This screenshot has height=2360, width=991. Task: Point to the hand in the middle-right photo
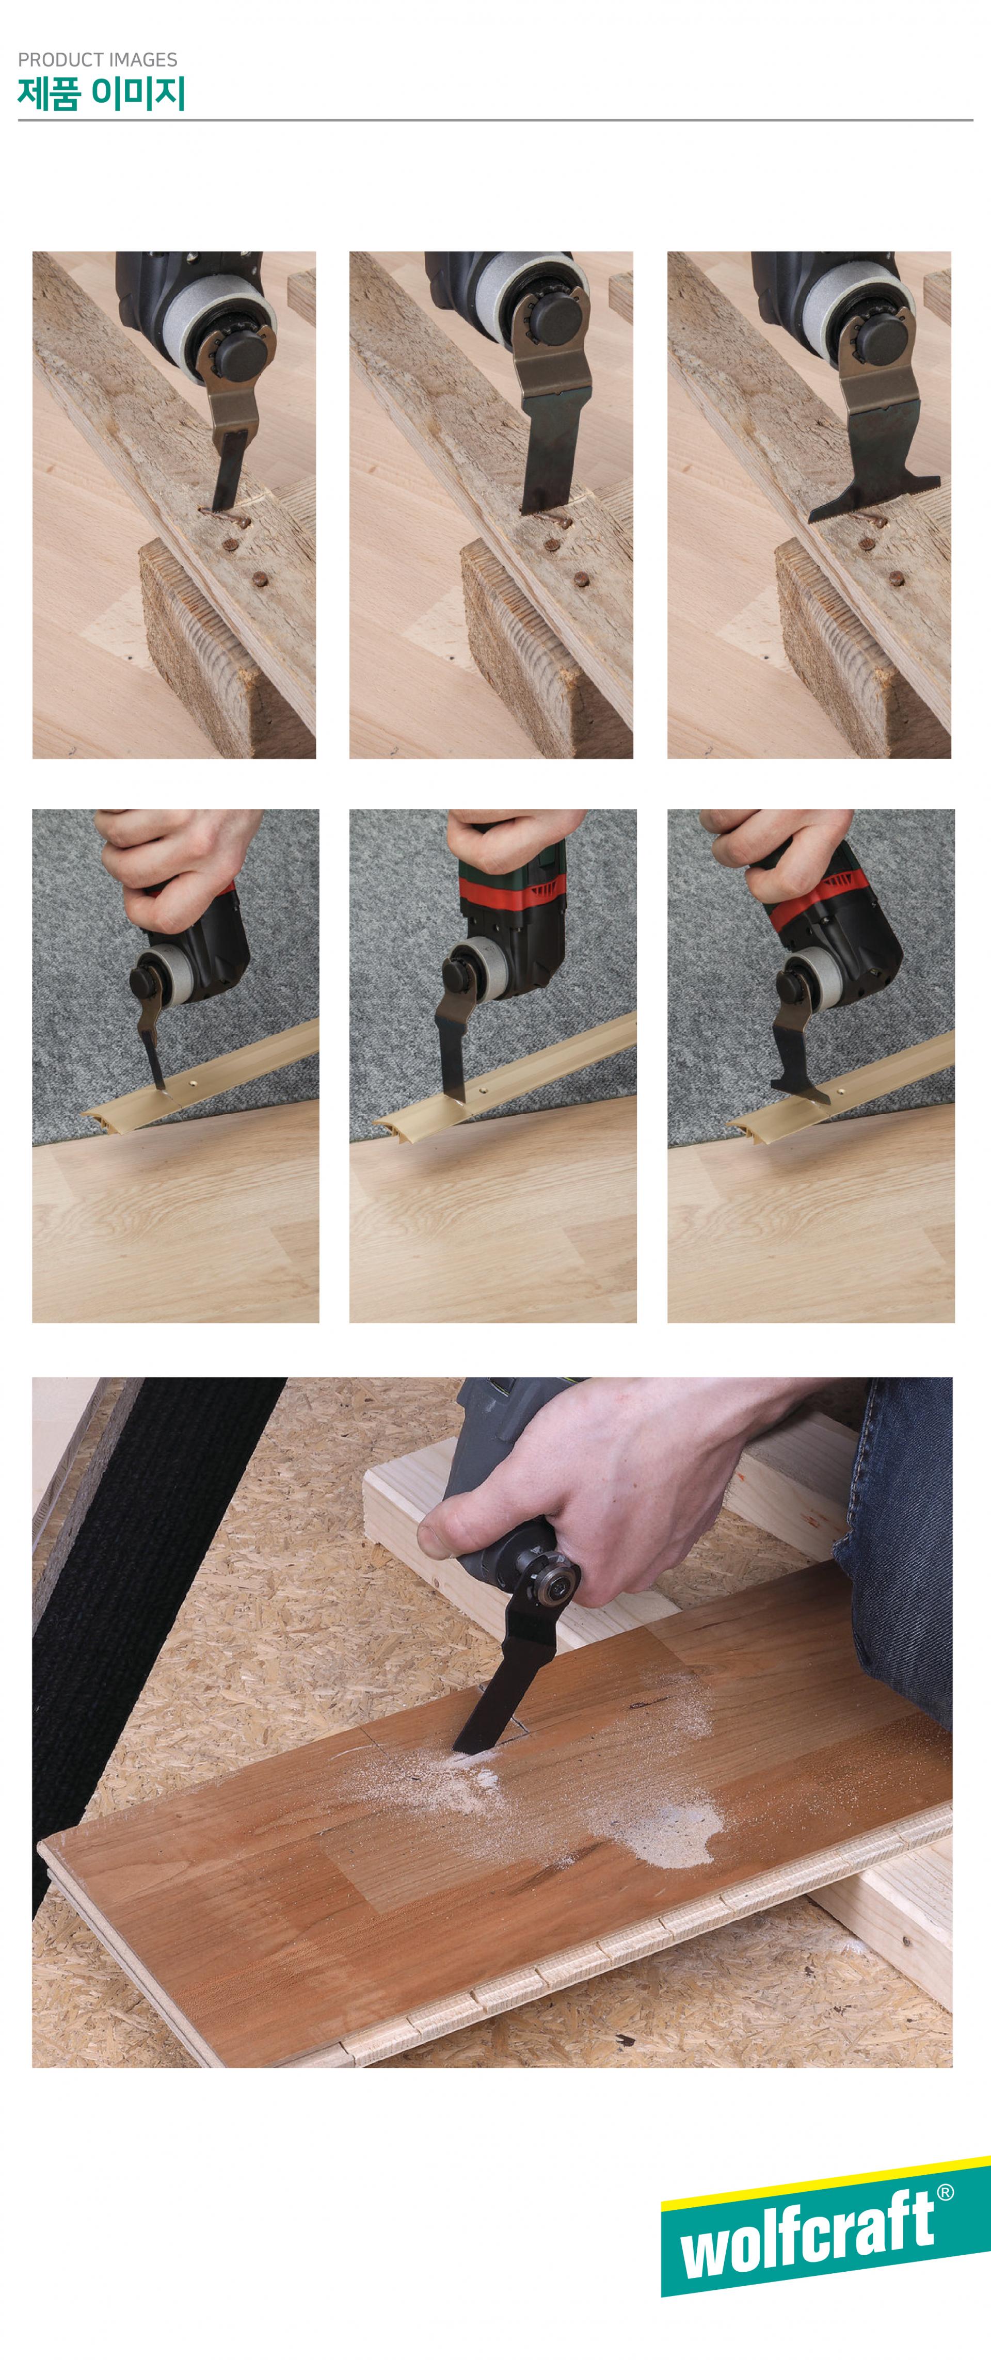point(778,852)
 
